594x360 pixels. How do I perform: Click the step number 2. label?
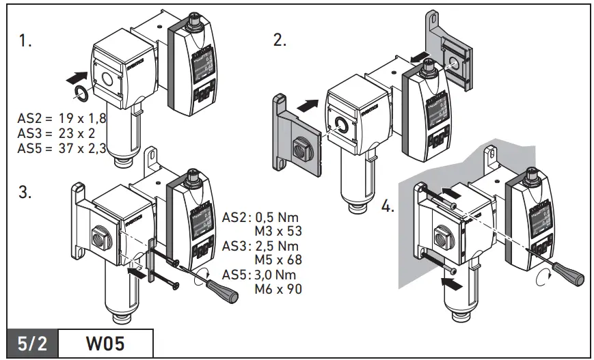click(x=280, y=40)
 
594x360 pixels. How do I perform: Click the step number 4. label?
click(x=388, y=206)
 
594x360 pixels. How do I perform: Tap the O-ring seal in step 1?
click(x=79, y=94)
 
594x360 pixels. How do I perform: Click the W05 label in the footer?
click(x=105, y=343)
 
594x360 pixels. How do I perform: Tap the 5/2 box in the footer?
click(x=33, y=343)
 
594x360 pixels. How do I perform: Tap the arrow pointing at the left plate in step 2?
click(x=308, y=107)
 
